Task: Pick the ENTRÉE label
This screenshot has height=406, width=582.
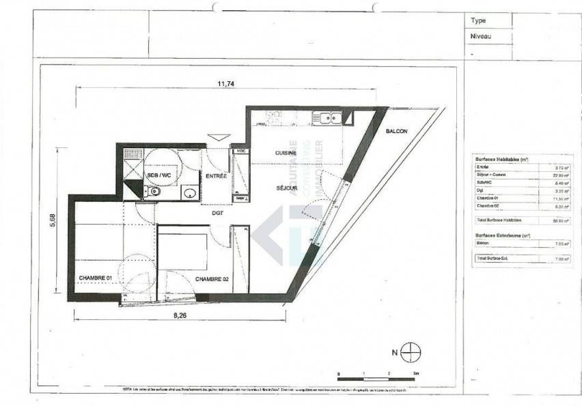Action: (216, 176)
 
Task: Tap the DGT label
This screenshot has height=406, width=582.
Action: (217, 213)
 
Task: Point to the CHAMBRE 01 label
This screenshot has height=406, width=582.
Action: (96, 278)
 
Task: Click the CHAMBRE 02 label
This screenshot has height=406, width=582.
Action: (212, 279)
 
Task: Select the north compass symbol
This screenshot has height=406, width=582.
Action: (411, 353)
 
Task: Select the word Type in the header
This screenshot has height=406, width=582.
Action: (478, 21)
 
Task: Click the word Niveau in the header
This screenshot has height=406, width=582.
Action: (481, 37)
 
